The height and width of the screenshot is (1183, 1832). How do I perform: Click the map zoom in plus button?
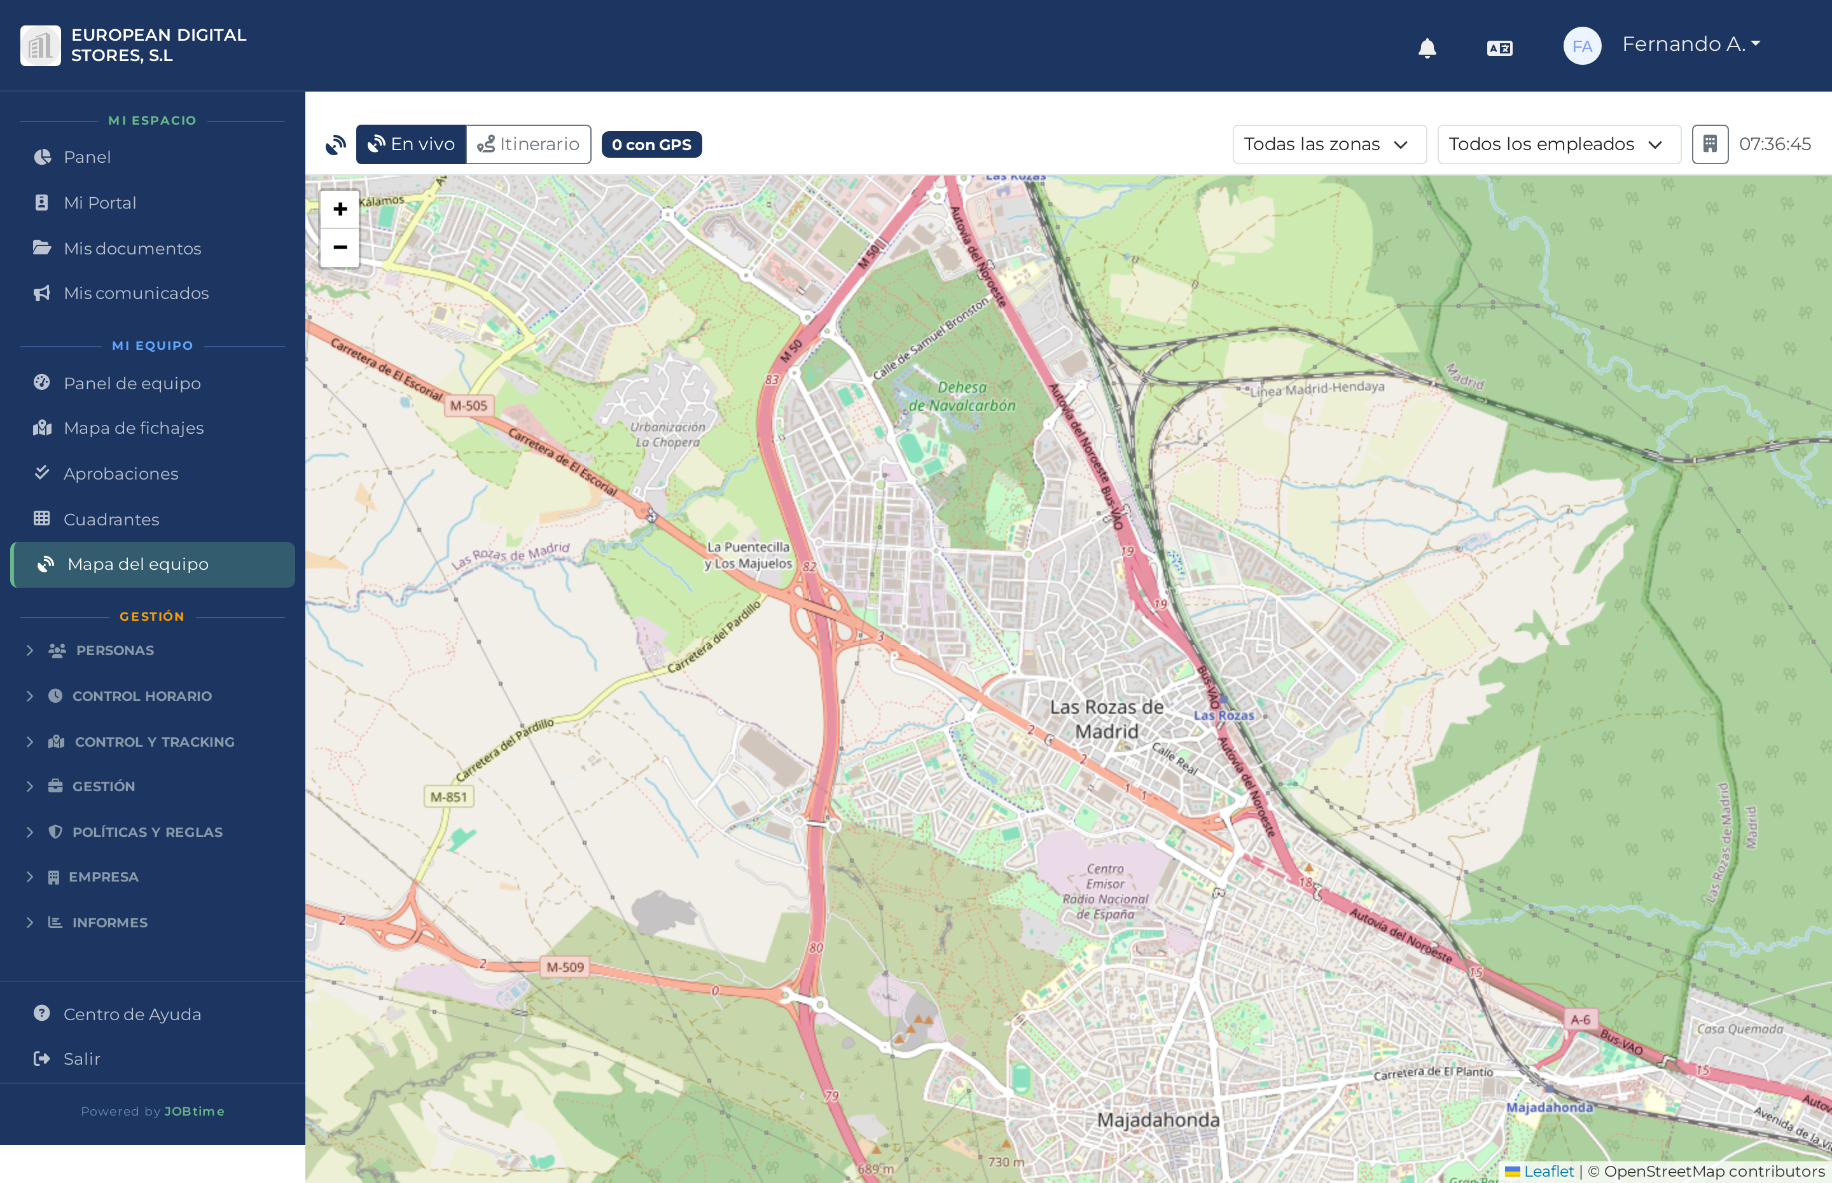click(x=340, y=209)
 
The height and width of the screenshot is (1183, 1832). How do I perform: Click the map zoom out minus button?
click(x=340, y=247)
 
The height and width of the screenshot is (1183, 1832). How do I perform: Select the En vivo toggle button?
click(x=411, y=144)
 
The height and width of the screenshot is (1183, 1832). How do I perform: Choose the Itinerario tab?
click(x=529, y=144)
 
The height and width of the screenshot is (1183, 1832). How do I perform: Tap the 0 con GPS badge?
click(x=651, y=144)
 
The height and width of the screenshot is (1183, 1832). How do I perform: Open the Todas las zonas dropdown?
click(x=1328, y=144)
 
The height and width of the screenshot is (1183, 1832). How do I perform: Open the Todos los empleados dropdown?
click(x=1558, y=144)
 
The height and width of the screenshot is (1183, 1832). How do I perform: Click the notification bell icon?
click(x=1426, y=48)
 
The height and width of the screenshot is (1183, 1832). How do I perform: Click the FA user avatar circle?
click(x=1581, y=46)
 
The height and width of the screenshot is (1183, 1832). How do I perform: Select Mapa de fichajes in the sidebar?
click(x=134, y=428)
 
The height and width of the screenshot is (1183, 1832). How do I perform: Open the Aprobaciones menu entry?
click(x=121, y=474)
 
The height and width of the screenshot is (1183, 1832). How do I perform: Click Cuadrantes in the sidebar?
click(x=111, y=519)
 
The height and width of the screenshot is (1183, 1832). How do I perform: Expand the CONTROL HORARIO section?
click(x=141, y=696)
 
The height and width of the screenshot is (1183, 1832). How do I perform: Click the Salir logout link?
click(x=81, y=1058)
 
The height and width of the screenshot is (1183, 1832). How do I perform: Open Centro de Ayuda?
click(x=132, y=1014)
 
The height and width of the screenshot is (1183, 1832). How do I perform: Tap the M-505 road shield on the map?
click(x=469, y=406)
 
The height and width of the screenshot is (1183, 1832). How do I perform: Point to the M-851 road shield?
click(x=448, y=796)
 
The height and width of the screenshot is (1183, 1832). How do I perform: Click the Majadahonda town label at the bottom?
click(x=1158, y=1120)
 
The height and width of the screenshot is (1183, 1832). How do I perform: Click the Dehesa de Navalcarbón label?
click(x=962, y=396)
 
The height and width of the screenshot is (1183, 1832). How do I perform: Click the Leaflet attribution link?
click(x=1548, y=1171)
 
